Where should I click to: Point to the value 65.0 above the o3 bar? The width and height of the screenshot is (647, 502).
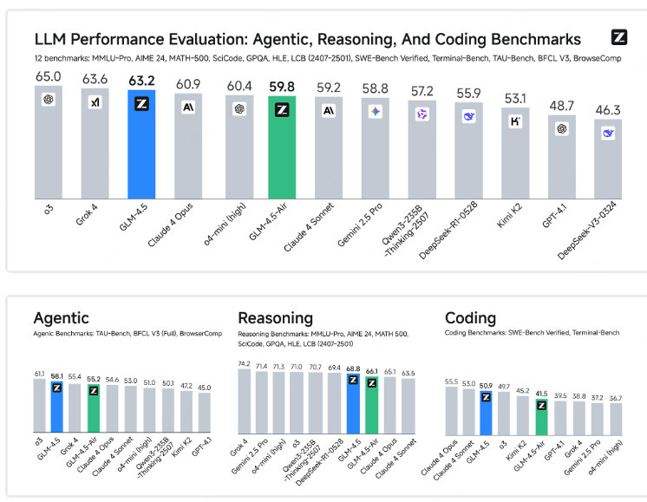tap(49, 76)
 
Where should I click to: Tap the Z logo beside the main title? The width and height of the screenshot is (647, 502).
tap(618, 37)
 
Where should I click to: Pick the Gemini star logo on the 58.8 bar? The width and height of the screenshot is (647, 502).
tap(375, 112)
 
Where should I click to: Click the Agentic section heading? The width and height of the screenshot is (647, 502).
tap(61, 318)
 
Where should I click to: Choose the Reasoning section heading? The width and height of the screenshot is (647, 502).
tap(275, 318)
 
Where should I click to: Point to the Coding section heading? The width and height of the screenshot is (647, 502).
tap(470, 318)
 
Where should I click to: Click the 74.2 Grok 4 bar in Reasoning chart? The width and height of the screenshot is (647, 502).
tap(245, 401)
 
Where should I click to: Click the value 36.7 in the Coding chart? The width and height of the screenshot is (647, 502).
tap(615, 398)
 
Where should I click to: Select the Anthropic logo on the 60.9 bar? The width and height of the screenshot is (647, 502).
tap(188, 108)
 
